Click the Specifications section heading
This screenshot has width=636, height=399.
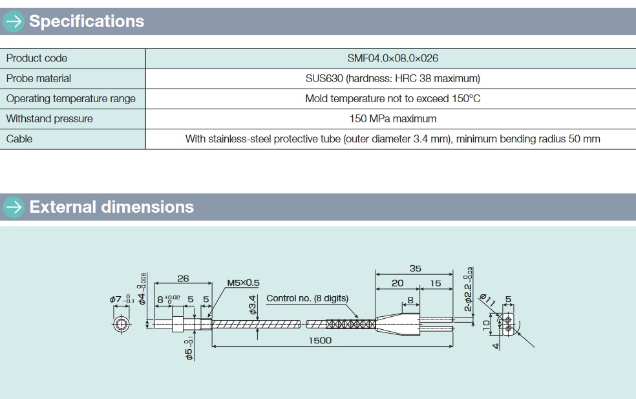[87, 21]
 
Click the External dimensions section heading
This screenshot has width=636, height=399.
[111, 207]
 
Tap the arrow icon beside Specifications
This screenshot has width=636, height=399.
[12, 21]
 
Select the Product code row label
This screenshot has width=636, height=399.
[37, 58]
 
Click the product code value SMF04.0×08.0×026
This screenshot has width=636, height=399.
[392, 58]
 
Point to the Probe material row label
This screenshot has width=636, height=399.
[39, 78]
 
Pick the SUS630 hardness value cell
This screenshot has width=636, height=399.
[392, 78]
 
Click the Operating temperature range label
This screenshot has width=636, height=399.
[71, 98]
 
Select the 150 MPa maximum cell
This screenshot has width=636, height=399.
[392, 118]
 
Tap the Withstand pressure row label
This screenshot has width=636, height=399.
[49, 118]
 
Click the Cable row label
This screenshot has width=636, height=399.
[19, 138]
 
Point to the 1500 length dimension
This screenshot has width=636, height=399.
[319, 340]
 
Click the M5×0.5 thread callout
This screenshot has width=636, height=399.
[243, 283]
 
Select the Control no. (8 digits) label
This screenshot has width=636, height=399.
[307, 298]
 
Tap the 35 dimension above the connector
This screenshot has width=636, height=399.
[415, 268]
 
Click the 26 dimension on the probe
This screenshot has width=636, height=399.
[183, 279]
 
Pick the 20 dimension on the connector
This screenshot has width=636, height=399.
[397, 283]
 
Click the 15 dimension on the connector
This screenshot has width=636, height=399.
[435, 283]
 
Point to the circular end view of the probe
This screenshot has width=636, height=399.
[121, 323]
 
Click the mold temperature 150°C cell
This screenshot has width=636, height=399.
[392, 98]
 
